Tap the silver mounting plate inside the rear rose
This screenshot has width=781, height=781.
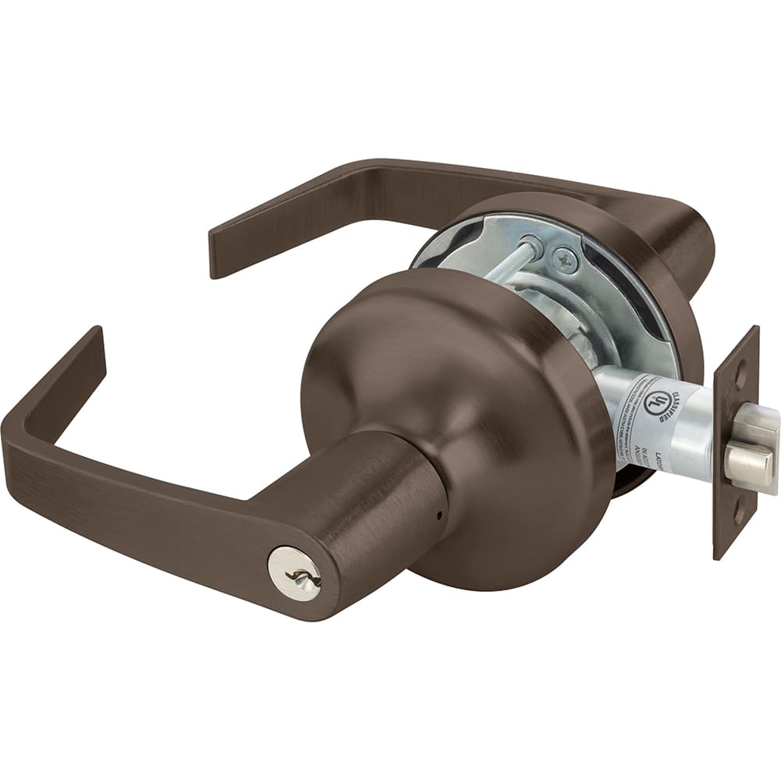click(x=594, y=289)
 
